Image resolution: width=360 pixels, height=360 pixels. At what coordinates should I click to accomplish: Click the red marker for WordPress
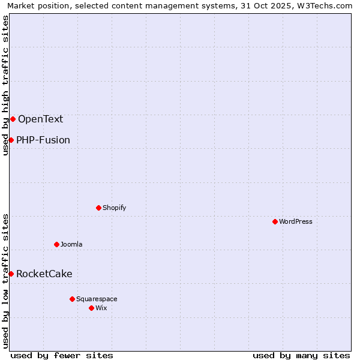[275, 221]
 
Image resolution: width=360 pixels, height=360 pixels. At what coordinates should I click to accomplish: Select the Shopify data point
[98, 208]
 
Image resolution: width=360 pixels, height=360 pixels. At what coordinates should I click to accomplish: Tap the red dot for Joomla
[56, 244]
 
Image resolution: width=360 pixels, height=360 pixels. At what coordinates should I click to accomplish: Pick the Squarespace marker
[72, 299]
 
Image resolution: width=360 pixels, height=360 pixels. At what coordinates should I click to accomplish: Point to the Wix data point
[91, 308]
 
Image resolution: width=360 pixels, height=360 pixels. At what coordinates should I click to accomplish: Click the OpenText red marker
[13, 119]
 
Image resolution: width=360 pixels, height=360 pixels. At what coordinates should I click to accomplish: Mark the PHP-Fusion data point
[11, 140]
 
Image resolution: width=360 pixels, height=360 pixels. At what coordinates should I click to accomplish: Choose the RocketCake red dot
[11, 274]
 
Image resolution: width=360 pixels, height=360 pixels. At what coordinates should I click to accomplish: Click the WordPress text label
[296, 221]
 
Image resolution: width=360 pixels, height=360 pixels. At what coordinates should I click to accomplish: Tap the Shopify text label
[114, 208]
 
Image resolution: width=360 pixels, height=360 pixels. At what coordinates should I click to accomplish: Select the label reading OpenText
[40, 119]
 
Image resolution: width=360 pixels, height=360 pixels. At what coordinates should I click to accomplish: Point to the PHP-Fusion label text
[43, 140]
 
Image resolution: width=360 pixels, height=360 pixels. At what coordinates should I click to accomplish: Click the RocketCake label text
[44, 274]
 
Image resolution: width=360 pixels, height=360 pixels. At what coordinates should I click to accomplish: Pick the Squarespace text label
[97, 299]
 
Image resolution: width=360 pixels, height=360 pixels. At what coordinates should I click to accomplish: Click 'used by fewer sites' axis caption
[62, 355]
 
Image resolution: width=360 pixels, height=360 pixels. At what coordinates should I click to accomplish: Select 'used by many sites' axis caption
[301, 355]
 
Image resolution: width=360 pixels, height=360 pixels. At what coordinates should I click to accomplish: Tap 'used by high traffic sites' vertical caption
[6, 85]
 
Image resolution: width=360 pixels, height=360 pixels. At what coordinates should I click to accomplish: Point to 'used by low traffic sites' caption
[6, 281]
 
